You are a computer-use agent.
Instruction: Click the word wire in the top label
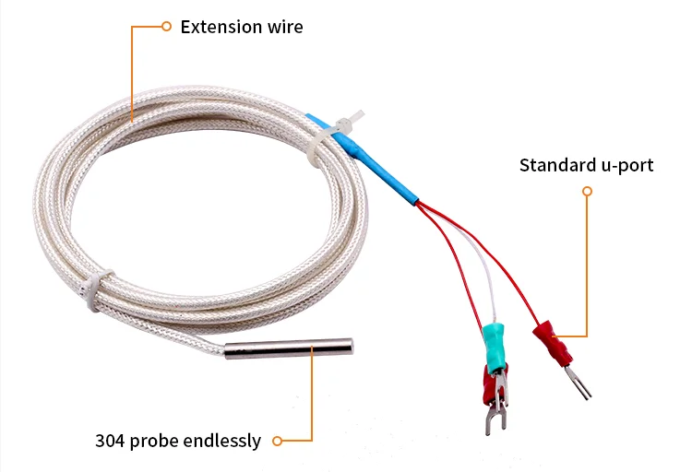pyautogui.click(x=283, y=27)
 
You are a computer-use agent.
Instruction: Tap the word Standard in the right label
pyautogui.click(x=555, y=166)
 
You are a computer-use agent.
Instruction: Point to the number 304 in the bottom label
pyautogui.click(x=110, y=441)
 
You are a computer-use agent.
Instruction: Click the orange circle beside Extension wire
pyautogui.click(x=166, y=27)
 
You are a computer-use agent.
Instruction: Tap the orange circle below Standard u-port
pyautogui.click(x=587, y=192)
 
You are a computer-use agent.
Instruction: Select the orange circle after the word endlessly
pyautogui.click(x=276, y=442)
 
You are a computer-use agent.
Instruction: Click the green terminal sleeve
pyautogui.click(x=495, y=343)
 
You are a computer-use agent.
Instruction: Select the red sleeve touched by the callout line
pyautogui.click(x=551, y=343)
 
